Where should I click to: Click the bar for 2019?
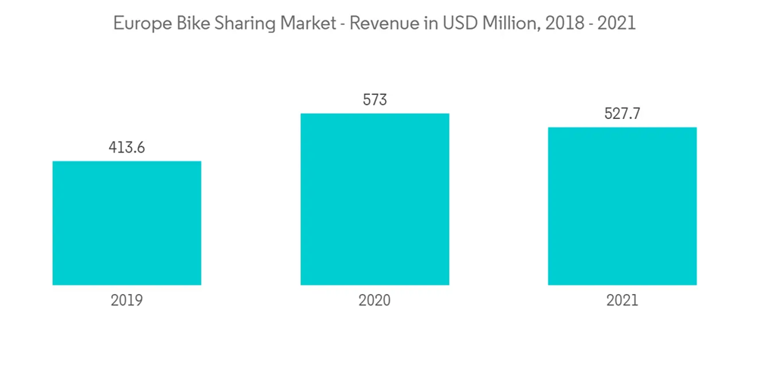point(127,223)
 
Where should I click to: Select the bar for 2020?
point(374,199)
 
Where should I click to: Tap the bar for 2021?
point(622,206)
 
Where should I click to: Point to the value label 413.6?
point(127,147)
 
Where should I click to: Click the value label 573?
point(374,99)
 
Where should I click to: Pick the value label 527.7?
point(622,114)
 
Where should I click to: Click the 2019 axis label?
point(127,300)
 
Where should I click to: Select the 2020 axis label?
point(374,300)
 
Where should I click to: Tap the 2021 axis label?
point(622,300)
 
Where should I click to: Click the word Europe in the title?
point(139,24)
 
